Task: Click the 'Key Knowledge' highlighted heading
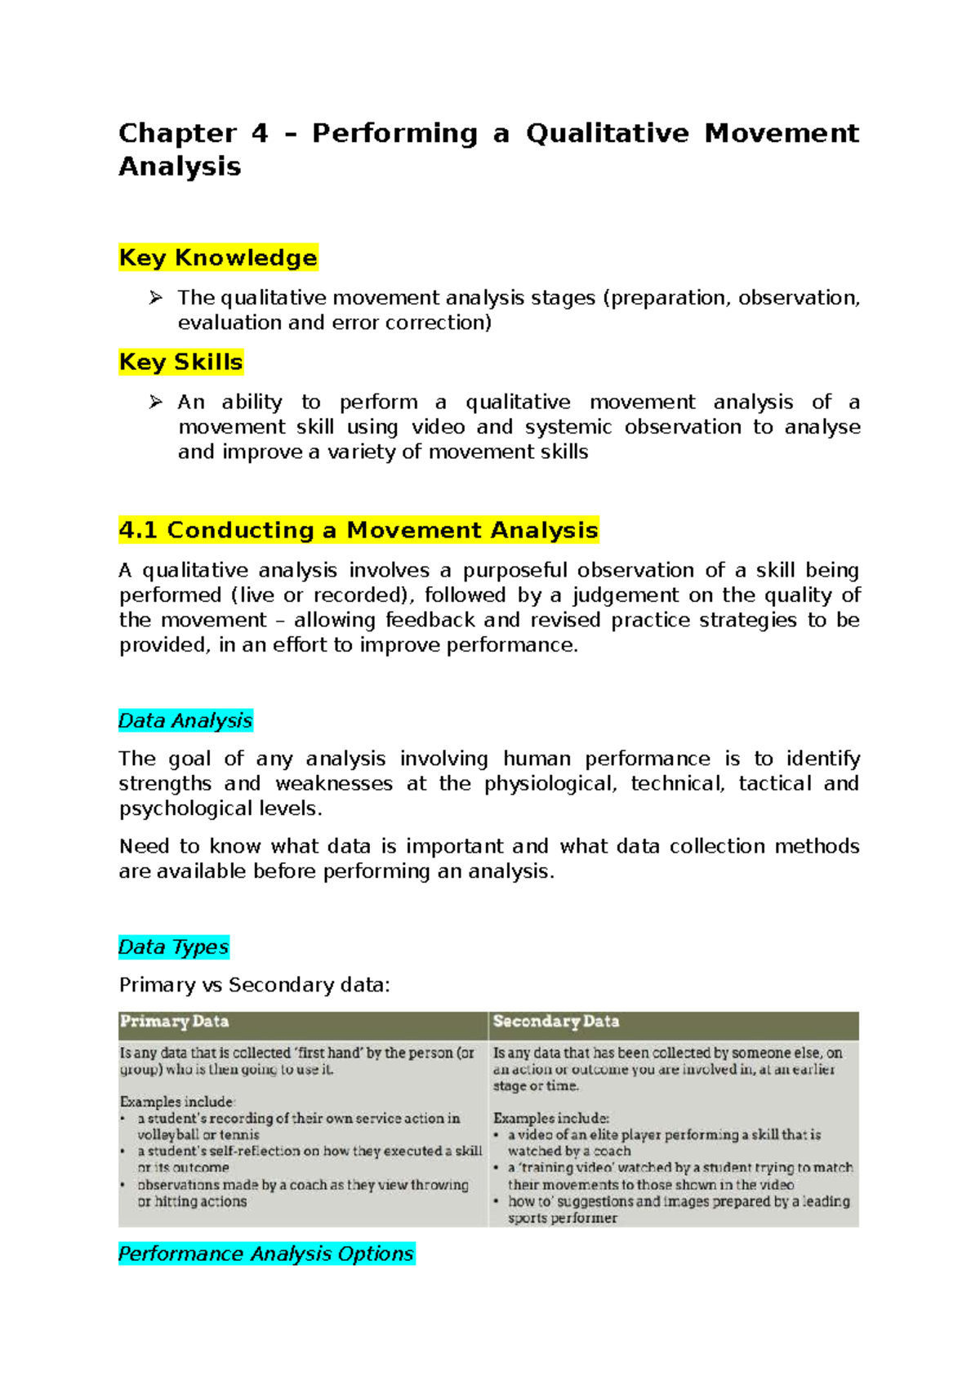click(x=217, y=257)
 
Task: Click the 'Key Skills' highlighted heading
click(x=180, y=362)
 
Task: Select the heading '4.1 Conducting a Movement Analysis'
click(x=358, y=530)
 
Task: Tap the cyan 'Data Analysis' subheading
click(x=185, y=720)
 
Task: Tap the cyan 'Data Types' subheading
click(x=173, y=946)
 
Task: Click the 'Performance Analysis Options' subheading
click(x=266, y=1254)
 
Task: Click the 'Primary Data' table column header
click(x=175, y=1022)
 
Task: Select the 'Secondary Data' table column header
click(x=556, y=1022)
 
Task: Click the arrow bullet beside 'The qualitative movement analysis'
click(x=156, y=298)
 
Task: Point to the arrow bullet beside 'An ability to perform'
click(x=156, y=402)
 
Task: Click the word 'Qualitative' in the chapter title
click(x=607, y=133)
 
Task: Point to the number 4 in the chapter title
click(x=260, y=133)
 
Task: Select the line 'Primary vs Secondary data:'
click(x=255, y=985)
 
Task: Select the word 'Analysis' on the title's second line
click(x=180, y=167)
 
